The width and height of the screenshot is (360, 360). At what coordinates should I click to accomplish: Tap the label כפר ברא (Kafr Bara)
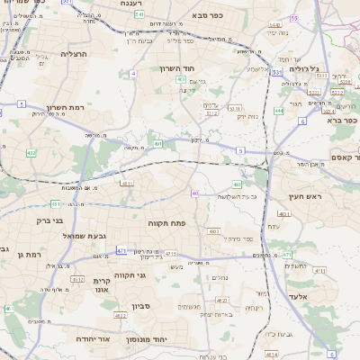click(343, 119)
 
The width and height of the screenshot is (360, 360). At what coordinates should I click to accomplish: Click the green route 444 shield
click(279, 111)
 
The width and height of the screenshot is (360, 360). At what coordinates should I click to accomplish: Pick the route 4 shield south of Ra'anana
click(133, 73)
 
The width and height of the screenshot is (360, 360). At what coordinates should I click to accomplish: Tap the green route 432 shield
click(31, 153)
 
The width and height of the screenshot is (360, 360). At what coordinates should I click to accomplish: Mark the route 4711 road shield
click(170, 255)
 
